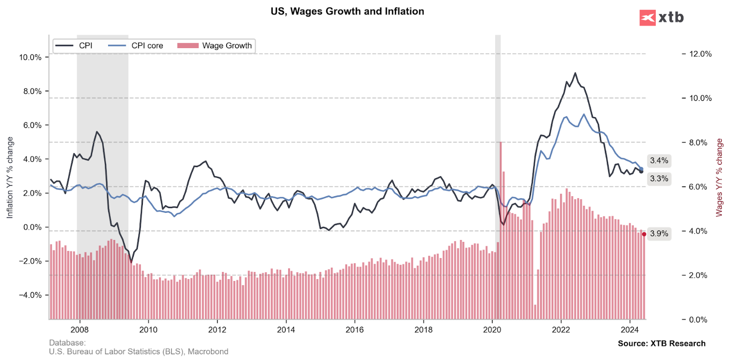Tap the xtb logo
click(661, 18)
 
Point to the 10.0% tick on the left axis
click(30, 58)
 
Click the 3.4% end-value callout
click(659, 160)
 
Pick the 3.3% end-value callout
click(659, 179)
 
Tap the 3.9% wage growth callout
click(659, 234)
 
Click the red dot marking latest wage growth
click(644, 234)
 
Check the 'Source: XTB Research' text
click(661, 343)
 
